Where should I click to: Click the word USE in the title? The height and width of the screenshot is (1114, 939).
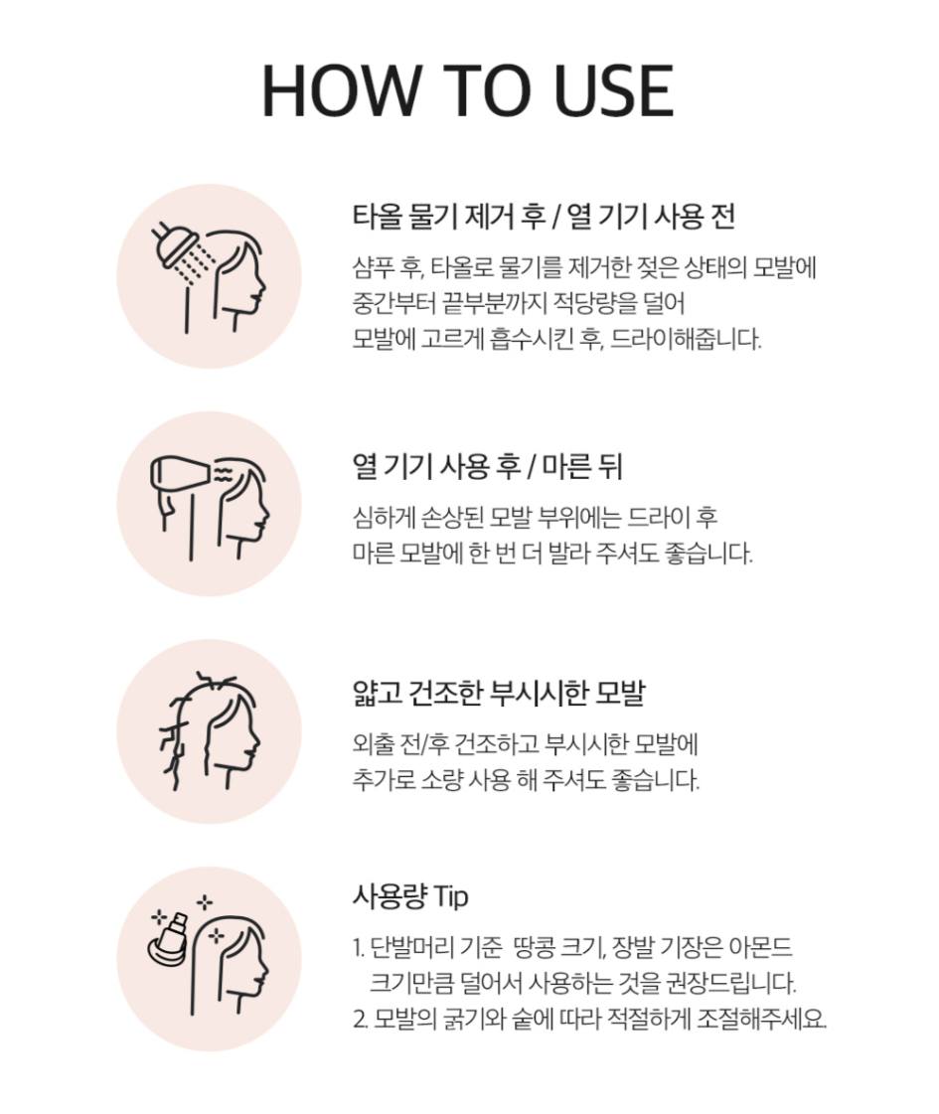pos(613,91)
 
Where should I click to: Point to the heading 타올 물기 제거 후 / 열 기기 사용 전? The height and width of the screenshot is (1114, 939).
pos(544,216)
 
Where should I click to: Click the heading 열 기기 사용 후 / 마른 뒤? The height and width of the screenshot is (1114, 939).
pos(487,467)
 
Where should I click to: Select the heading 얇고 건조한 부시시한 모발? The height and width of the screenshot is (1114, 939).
pos(499,693)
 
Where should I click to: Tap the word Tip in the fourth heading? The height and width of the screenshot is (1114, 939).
pos(449,896)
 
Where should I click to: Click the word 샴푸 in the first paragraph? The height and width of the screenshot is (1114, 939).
pos(374,267)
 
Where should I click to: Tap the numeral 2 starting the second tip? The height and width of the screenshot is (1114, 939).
pos(358,1021)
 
